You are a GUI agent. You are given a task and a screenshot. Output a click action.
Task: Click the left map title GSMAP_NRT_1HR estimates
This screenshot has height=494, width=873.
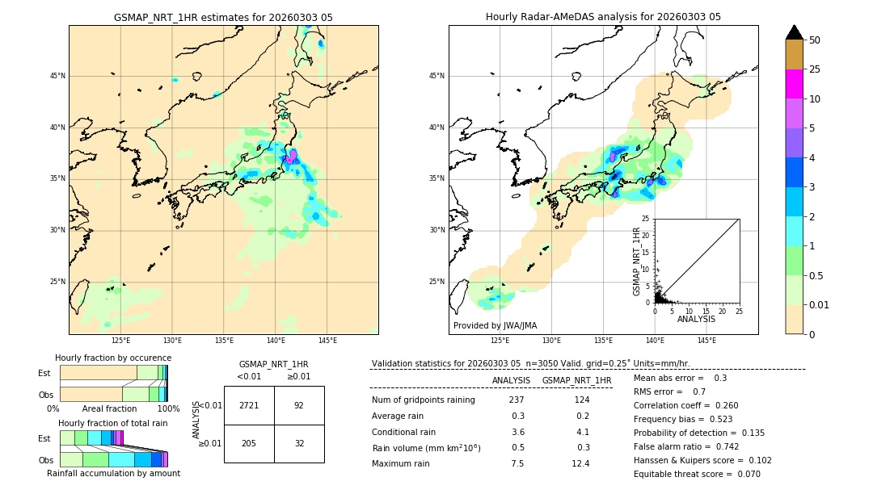(x=223, y=17)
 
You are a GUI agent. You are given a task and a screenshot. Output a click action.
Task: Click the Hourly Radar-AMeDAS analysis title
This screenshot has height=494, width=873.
(x=603, y=17)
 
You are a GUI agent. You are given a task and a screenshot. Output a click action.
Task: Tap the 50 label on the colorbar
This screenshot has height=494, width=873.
(x=815, y=40)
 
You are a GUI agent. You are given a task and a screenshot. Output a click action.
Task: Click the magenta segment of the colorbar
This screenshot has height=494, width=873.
(x=794, y=84)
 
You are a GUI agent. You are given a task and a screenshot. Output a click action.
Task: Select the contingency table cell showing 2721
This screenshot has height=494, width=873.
(x=249, y=405)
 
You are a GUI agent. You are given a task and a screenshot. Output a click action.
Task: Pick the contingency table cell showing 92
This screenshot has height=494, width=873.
(x=299, y=405)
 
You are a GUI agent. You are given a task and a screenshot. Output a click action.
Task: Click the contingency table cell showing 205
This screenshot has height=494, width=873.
(x=249, y=443)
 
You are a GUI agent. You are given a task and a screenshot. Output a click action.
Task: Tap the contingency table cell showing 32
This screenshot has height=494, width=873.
(x=299, y=443)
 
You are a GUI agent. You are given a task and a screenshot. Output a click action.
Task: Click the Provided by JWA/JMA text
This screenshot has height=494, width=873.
(x=495, y=325)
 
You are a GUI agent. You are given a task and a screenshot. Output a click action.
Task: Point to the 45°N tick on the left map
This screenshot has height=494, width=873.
(x=57, y=76)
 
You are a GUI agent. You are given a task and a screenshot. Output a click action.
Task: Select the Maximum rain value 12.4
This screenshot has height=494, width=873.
(x=580, y=463)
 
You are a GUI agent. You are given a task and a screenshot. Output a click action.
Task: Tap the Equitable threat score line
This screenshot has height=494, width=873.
(x=697, y=474)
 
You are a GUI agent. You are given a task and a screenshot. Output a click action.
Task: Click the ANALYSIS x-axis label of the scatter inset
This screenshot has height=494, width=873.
(x=696, y=319)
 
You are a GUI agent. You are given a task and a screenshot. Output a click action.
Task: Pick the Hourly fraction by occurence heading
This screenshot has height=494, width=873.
(x=113, y=358)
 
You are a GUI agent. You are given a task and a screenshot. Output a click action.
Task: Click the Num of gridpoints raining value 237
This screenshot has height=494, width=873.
(x=517, y=400)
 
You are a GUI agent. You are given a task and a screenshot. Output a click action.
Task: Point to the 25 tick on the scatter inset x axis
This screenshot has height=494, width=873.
(x=739, y=310)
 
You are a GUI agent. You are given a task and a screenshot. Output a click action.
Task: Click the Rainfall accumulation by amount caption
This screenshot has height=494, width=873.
(x=113, y=473)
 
